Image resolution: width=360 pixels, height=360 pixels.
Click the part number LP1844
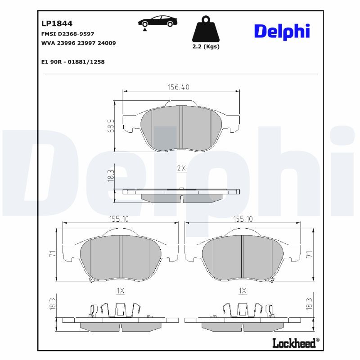click(x=57, y=23)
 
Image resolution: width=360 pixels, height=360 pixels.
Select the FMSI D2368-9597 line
click(x=68, y=34)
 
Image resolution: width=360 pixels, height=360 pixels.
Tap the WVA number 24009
click(x=107, y=43)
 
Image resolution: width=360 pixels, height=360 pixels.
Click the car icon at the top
click(x=158, y=22)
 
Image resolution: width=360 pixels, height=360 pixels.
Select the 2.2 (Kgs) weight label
click(x=206, y=46)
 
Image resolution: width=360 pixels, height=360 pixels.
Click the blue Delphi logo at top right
click(x=282, y=31)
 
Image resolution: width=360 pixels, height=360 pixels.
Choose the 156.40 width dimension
click(x=179, y=87)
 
